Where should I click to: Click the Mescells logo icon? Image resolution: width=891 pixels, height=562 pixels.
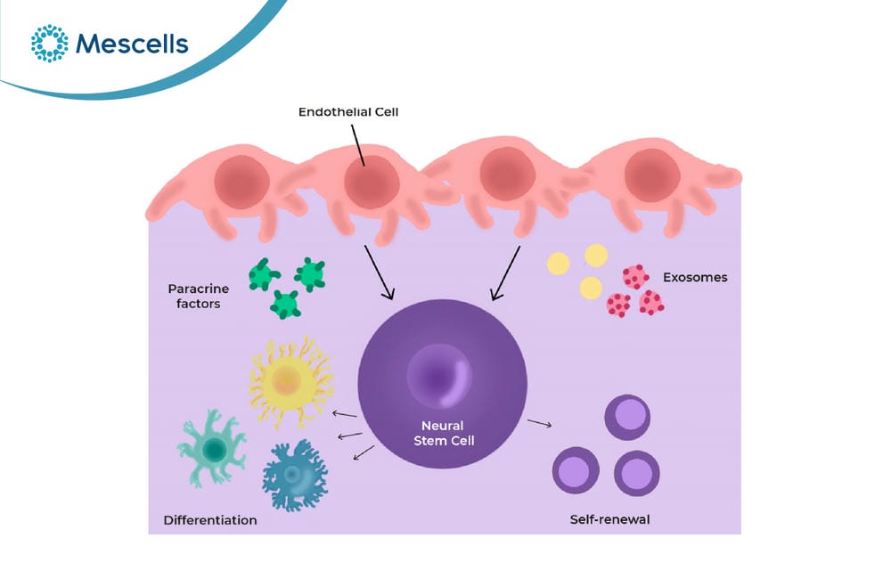49,43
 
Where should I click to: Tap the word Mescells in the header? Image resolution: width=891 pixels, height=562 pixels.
132,44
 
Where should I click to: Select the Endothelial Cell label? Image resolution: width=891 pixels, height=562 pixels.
348,112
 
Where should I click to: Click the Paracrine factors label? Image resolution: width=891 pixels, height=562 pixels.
199,296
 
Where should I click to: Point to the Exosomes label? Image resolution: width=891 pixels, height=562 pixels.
695,277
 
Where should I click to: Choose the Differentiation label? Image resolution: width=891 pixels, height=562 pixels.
210,520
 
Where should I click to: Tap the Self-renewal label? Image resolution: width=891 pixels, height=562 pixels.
609,519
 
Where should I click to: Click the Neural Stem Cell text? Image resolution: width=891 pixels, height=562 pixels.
444,433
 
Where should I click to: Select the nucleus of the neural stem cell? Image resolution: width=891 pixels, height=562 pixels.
439,376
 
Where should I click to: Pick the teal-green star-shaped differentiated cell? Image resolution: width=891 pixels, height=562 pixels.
213,449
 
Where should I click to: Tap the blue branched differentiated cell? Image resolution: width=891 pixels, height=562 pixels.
295,475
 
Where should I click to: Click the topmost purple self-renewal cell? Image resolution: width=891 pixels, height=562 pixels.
627,417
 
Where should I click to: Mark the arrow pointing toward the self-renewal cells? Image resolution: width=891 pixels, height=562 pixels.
539,423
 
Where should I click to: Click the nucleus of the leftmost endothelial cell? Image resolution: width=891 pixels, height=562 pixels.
241,183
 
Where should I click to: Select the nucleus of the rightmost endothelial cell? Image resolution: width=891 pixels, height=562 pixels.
652,175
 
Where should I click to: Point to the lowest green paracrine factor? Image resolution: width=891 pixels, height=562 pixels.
285,305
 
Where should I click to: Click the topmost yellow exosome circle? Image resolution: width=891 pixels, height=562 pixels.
596,255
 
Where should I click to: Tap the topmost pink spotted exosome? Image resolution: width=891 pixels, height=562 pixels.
635,277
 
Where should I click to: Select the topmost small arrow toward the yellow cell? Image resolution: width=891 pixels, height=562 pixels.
344,414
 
